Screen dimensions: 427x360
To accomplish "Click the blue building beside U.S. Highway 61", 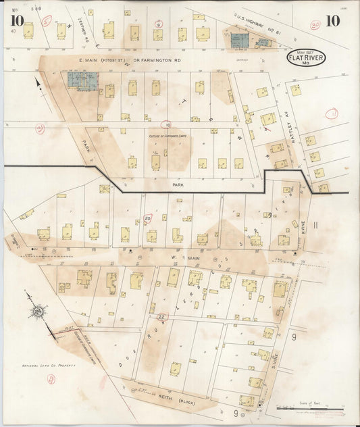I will [x=239, y=41].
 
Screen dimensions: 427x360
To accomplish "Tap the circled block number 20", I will [x=148, y=218].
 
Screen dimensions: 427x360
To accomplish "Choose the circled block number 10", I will [x=166, y=124].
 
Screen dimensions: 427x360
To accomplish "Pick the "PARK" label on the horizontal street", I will [x=177, y=182].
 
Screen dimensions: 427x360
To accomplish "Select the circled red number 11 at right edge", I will [x=332, y=114].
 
